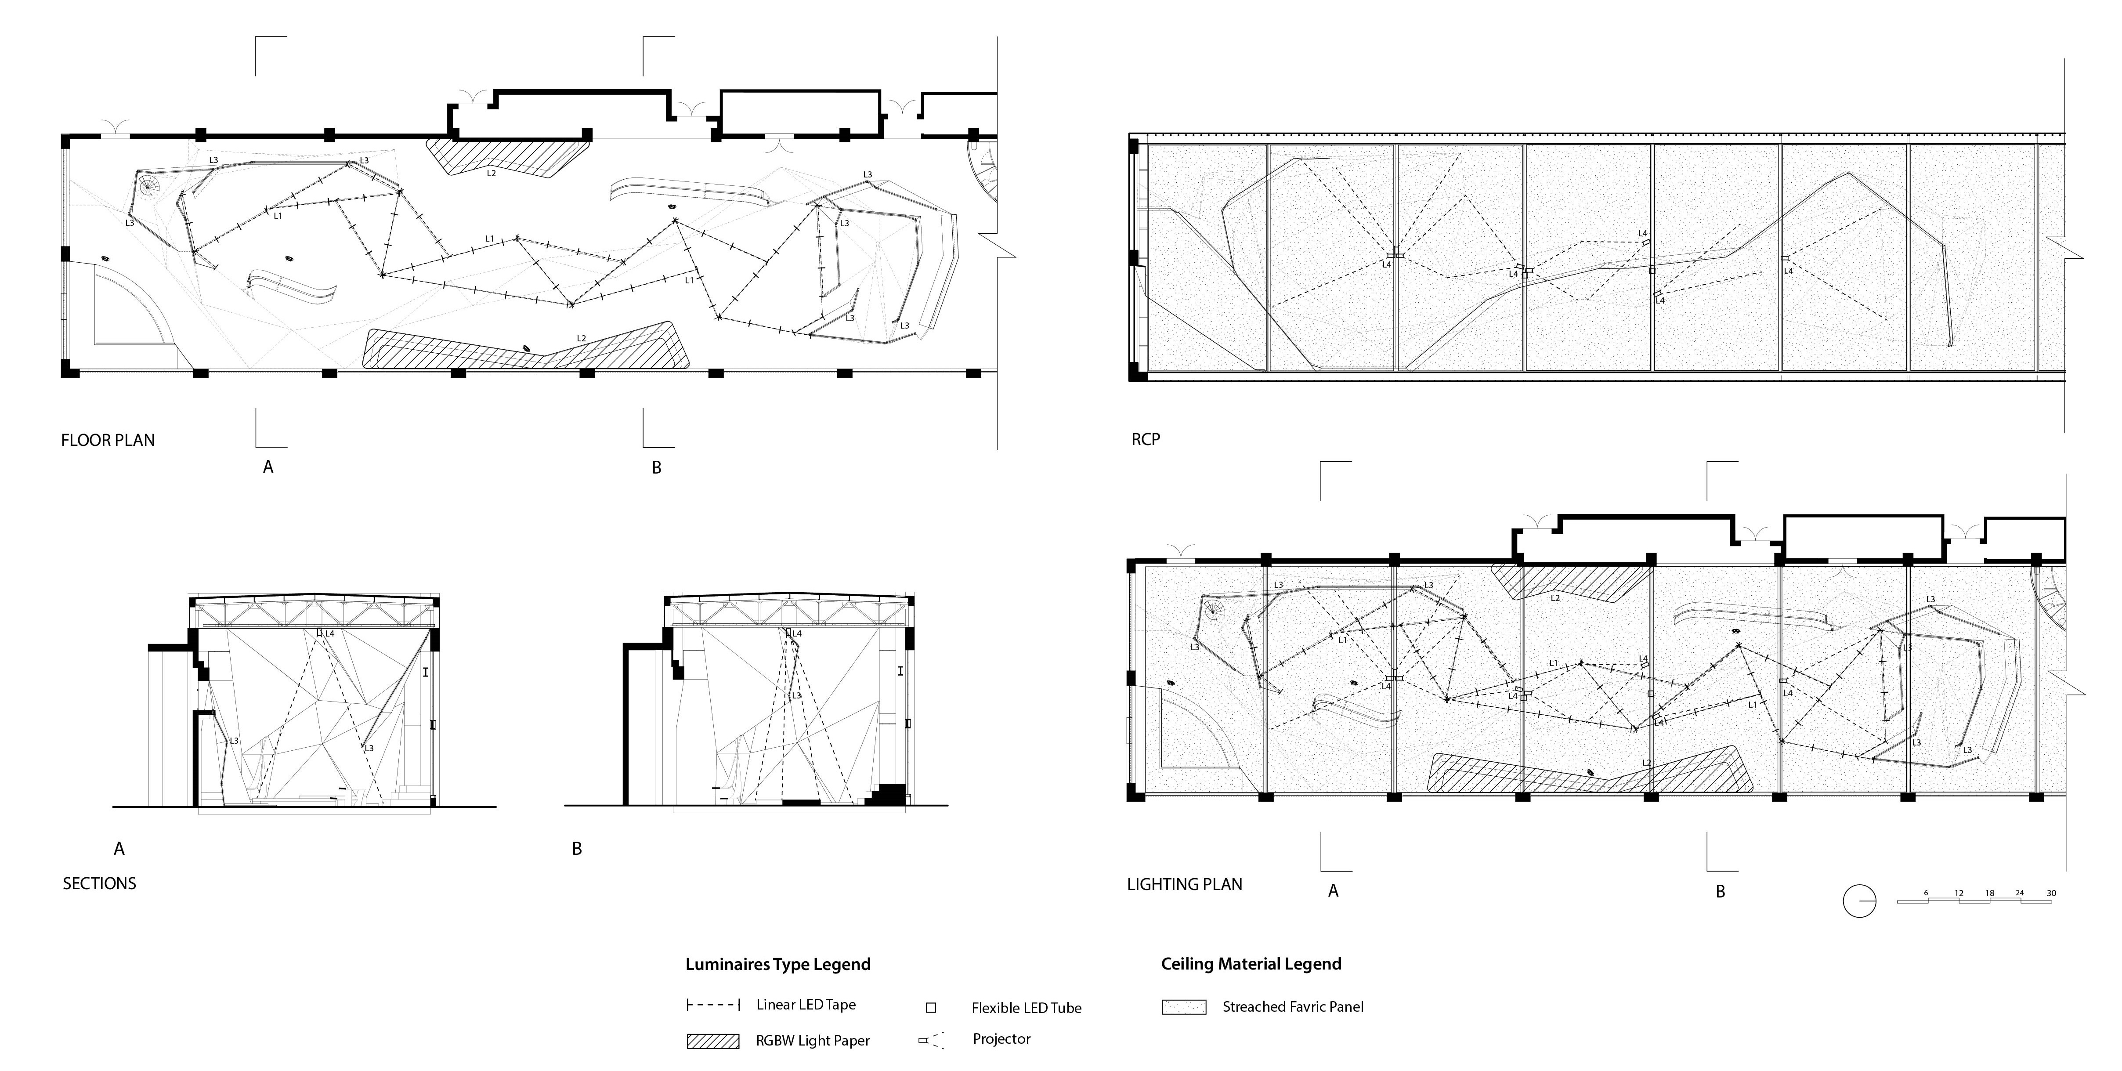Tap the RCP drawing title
(x=1145, y=439)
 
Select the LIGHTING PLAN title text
(x=1184, y=884)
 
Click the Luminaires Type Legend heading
(x=777, y=964)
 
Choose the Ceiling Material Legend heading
(x=1251, y=964)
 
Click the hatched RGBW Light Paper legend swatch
(x=712, y=1041)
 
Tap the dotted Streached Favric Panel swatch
(x=1184, y=1007)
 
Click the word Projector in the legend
(x=1001, y=1039)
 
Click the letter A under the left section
(x=119, y=849)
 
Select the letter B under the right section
(x=577, y=849)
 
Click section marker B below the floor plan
(x=657, y=467)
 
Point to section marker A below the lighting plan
(x=1333, y=890)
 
